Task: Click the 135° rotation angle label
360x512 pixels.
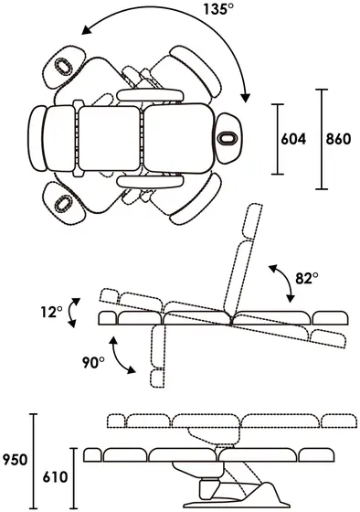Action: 218,8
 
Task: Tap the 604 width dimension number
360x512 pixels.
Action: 293,139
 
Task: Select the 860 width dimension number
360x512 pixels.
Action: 338,139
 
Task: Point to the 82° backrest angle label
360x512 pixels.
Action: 306,278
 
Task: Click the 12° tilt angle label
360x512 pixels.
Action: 51,312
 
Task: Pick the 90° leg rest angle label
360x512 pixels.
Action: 93,362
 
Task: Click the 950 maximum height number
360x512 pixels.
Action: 15,460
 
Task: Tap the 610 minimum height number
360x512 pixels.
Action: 55,477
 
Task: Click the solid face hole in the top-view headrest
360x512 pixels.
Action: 228,138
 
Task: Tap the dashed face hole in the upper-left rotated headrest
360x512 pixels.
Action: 64,67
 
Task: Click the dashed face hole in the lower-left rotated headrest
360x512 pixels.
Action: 64,204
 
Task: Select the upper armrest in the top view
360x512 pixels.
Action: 151,95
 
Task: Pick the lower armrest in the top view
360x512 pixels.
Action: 151,181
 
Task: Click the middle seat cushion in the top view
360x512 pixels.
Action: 110,138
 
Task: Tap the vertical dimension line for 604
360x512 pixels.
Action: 278,139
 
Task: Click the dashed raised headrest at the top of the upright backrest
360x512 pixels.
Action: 254,221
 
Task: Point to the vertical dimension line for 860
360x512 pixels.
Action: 322,139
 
